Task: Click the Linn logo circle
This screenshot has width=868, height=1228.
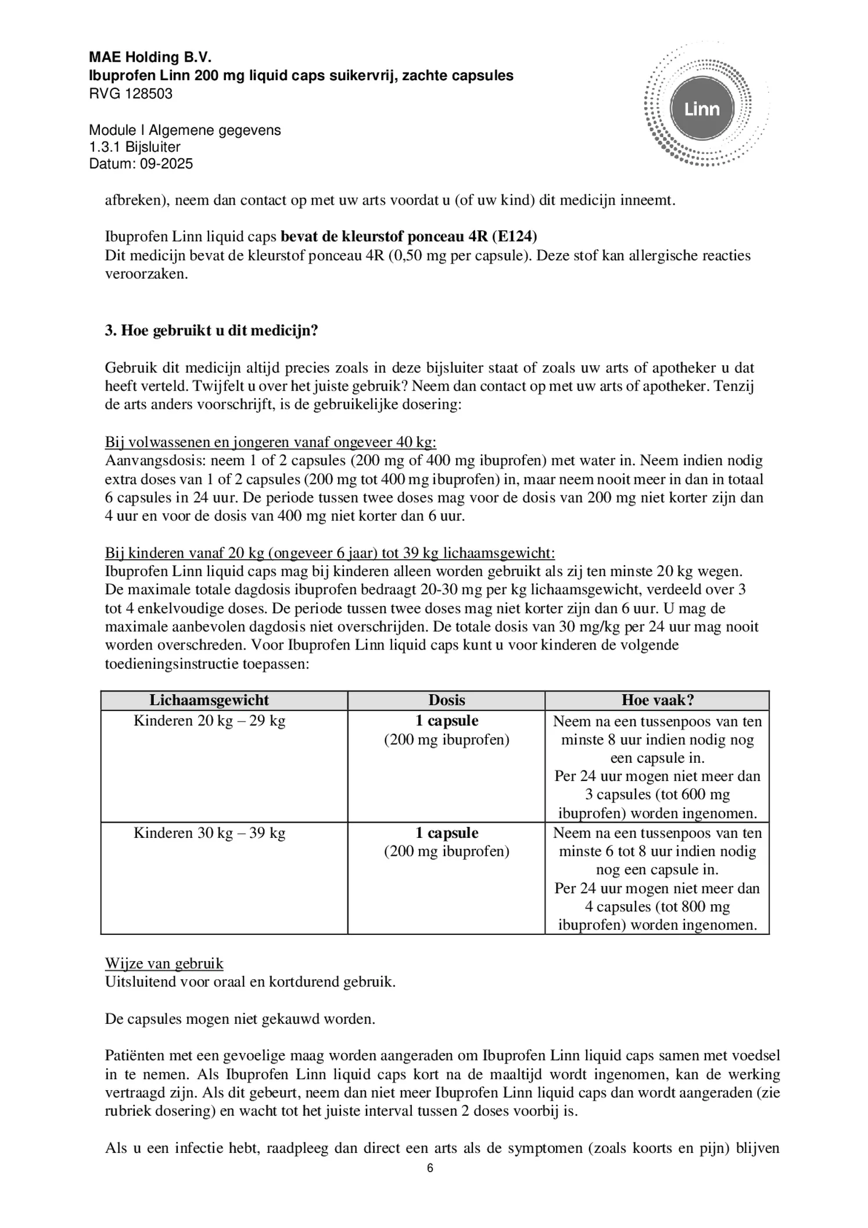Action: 702,109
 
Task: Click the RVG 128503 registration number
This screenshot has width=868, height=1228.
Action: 131,94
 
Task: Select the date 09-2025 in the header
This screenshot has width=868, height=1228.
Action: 165,164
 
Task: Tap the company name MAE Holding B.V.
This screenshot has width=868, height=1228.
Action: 150,57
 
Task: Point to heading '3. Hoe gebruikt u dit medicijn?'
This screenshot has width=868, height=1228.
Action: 211,331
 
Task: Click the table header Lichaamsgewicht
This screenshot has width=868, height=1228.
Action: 209,700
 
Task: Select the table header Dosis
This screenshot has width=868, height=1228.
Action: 446,700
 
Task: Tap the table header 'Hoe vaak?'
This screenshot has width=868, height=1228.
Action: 658,700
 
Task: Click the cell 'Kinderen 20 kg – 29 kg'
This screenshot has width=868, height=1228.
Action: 209,721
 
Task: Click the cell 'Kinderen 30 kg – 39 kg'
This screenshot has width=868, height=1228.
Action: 209,833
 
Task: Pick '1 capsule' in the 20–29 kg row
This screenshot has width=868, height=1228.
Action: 446,721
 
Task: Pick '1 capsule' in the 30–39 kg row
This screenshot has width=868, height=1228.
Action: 446,833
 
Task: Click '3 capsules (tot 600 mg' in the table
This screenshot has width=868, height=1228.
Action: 657,794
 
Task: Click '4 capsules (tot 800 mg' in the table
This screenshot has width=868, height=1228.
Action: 657,906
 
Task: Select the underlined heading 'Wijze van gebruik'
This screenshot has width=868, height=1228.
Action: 164,963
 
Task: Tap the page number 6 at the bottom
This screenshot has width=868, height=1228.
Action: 430,1169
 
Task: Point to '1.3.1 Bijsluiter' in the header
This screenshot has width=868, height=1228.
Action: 135,147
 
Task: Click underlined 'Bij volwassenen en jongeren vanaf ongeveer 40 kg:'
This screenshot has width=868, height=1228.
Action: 270,442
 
